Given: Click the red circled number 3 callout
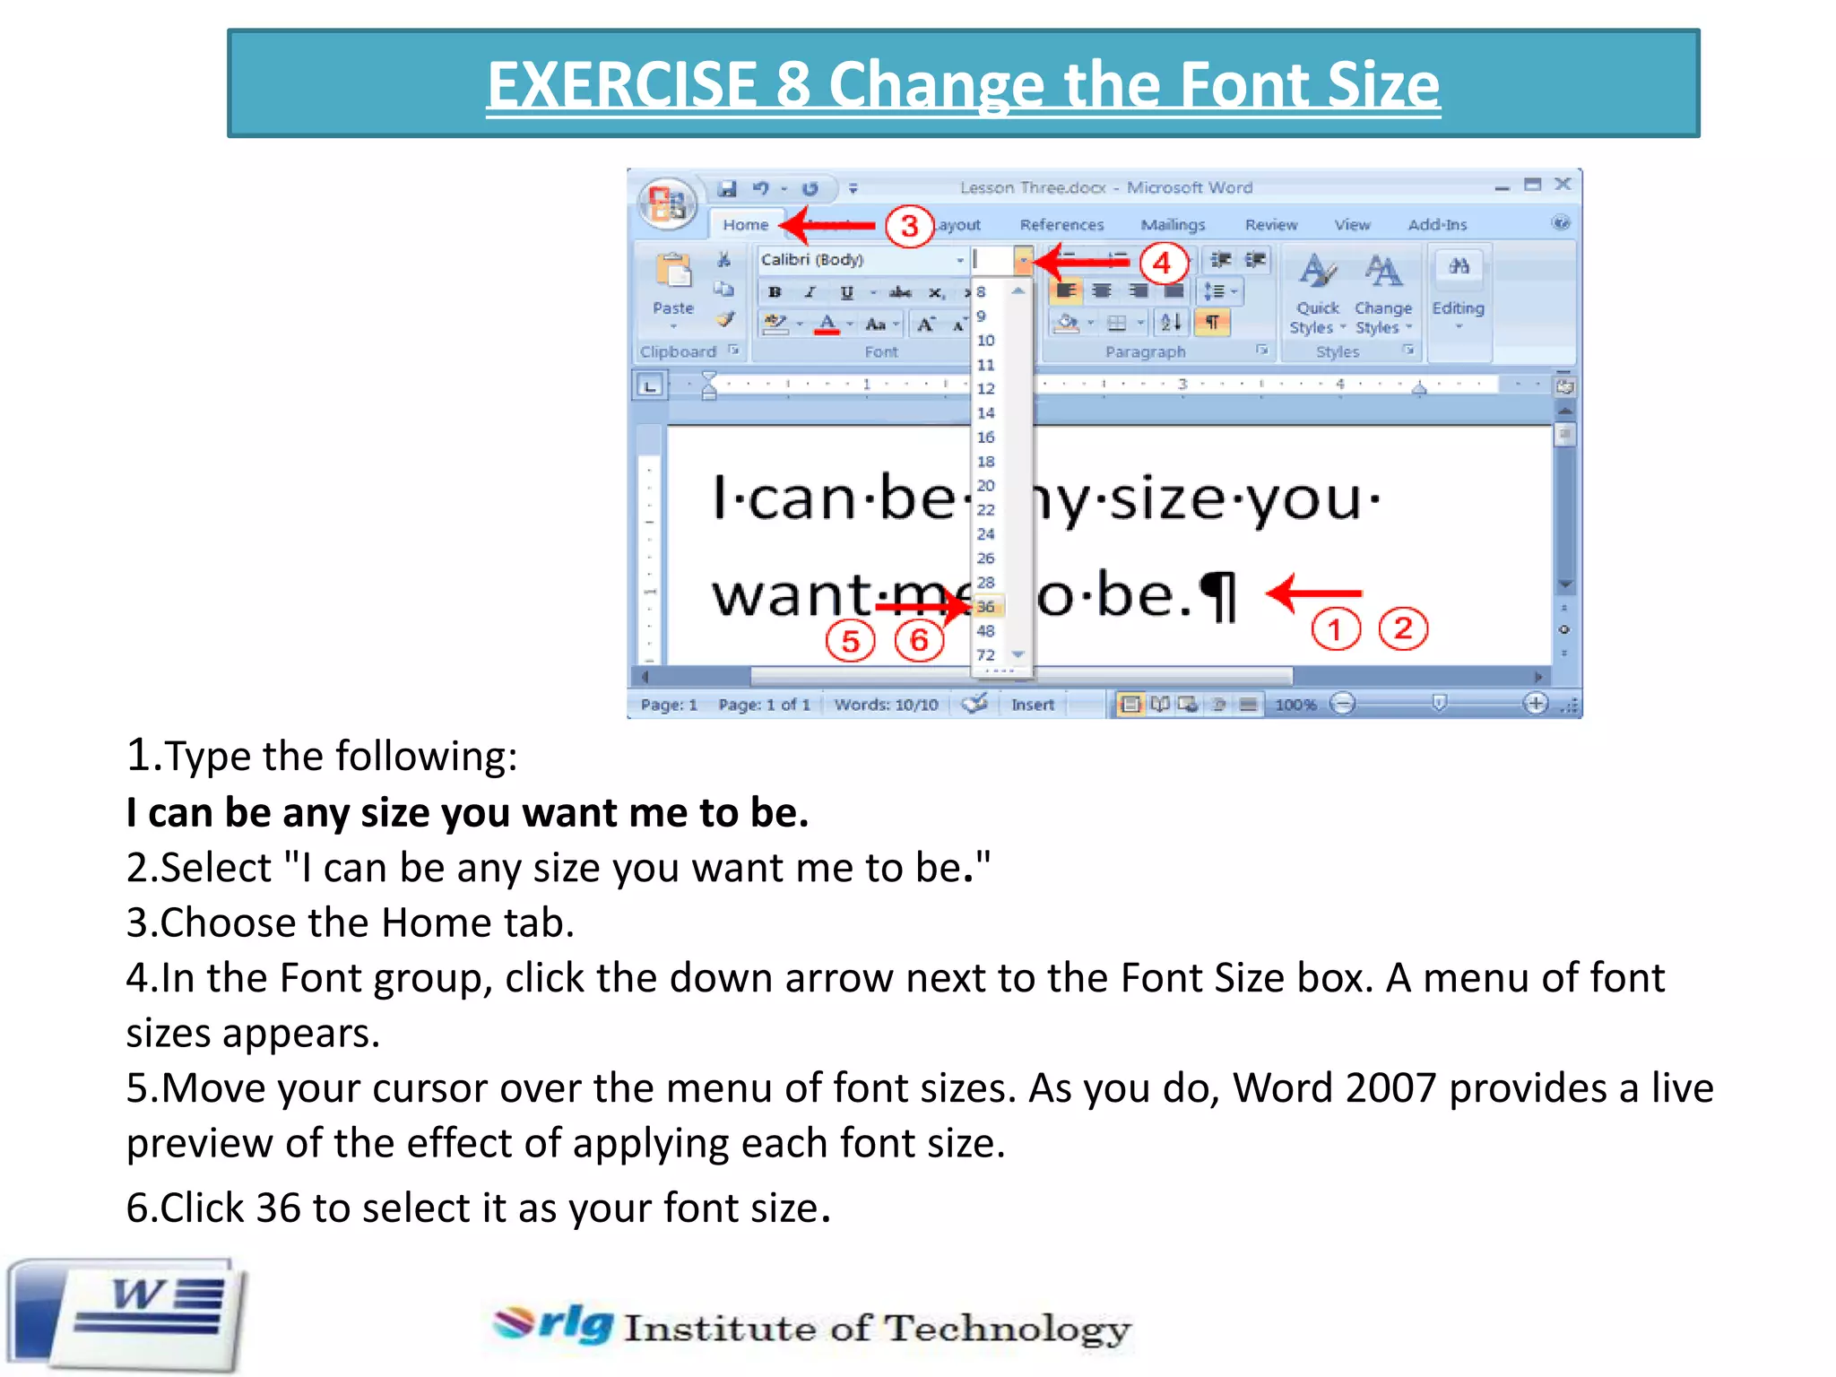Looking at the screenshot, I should click(909, 226).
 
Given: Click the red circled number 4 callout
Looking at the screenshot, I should click(1162, 263).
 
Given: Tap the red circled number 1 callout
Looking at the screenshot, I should click(1335, 629).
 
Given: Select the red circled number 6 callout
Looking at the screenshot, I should click(919, 640).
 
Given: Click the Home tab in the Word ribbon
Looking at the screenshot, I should click(745, 225).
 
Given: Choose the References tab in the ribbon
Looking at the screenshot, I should click(1061, 225).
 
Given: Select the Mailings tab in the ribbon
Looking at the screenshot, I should click(1173, 225).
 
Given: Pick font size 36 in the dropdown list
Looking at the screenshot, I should click(986, 607).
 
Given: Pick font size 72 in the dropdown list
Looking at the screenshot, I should click(986, 655).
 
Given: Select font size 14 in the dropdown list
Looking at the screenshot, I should click(986, 413).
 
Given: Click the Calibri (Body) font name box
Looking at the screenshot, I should click(856, 260).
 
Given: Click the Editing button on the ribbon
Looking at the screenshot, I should click(1458, 287).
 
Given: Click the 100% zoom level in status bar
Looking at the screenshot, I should click(1295, 705).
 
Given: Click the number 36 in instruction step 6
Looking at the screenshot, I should click(278, 1208).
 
